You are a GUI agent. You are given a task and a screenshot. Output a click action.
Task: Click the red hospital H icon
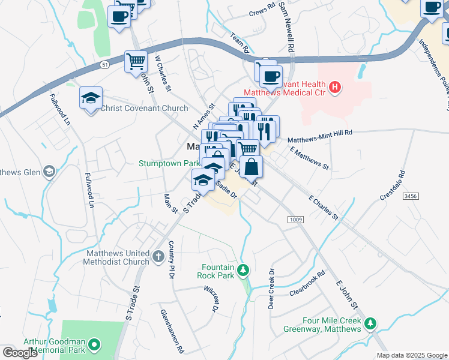tap(335, 88)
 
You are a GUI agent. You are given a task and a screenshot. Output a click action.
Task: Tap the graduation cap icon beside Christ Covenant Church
tap(91, 98)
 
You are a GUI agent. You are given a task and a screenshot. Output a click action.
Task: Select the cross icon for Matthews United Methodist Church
tap(158, 257)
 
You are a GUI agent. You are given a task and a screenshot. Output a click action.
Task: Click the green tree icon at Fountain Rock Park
tap(243, 271)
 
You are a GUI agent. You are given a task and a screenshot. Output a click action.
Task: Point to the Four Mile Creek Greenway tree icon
tap(372, 324)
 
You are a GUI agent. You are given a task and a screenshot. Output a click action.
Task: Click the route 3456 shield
tap(411, 196)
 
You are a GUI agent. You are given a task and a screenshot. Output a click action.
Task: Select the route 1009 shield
tap(295, 220)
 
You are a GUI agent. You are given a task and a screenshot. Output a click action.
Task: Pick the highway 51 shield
tap(105, 65)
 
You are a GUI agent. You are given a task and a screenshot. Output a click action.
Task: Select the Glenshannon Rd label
tap(164, 331)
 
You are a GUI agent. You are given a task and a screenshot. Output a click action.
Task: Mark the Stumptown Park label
tap(169, 163)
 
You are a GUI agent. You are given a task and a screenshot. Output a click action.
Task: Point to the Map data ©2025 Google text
tap(411, 355)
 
